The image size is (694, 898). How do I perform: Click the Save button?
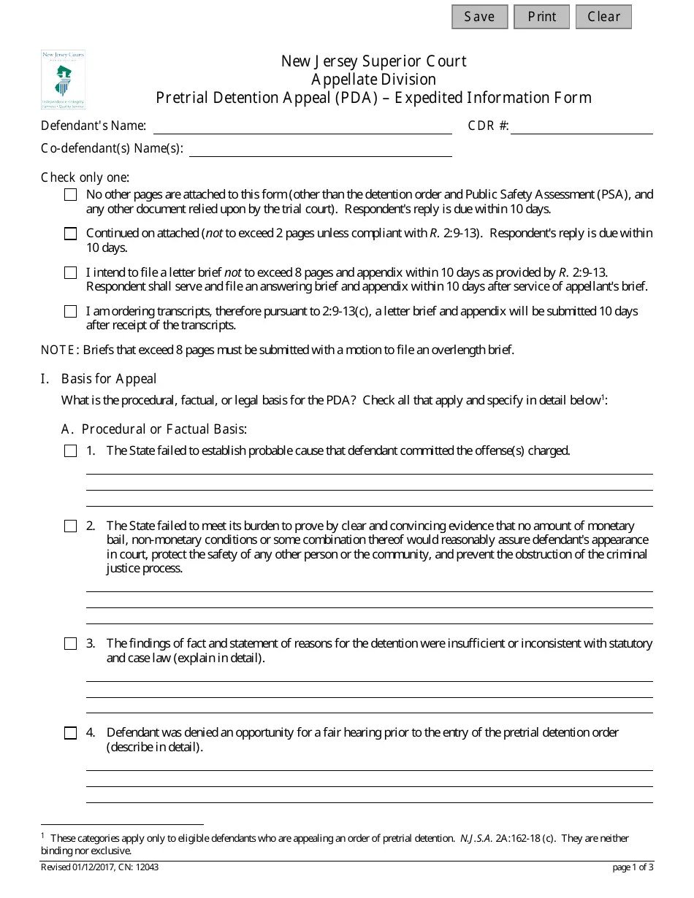click(479, 17)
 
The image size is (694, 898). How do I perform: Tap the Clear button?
click(603, 17)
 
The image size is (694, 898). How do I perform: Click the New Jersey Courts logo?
click(63, 80)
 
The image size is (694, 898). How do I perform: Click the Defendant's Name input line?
click(302, 127)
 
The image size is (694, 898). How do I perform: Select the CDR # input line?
click(581, 127)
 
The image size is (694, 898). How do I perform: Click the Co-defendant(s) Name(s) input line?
click(321, 150)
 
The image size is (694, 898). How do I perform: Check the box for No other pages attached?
click(70, 195)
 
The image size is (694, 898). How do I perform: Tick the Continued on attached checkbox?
click(70, 234)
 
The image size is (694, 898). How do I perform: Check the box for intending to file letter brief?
click(70, 272)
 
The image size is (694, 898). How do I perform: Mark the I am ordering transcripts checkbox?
click(70, 311)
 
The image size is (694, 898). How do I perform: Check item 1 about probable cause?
click(70, 451)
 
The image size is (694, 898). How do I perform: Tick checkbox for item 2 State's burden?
click(70, 526)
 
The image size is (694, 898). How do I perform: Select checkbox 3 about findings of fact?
click(70, 644)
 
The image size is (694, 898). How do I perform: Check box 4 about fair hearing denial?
click(70, 733)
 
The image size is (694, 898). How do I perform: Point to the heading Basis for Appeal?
click(109, 378)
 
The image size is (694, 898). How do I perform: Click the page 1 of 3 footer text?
click(633, 867)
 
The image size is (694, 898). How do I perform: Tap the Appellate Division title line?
click(373, 80)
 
